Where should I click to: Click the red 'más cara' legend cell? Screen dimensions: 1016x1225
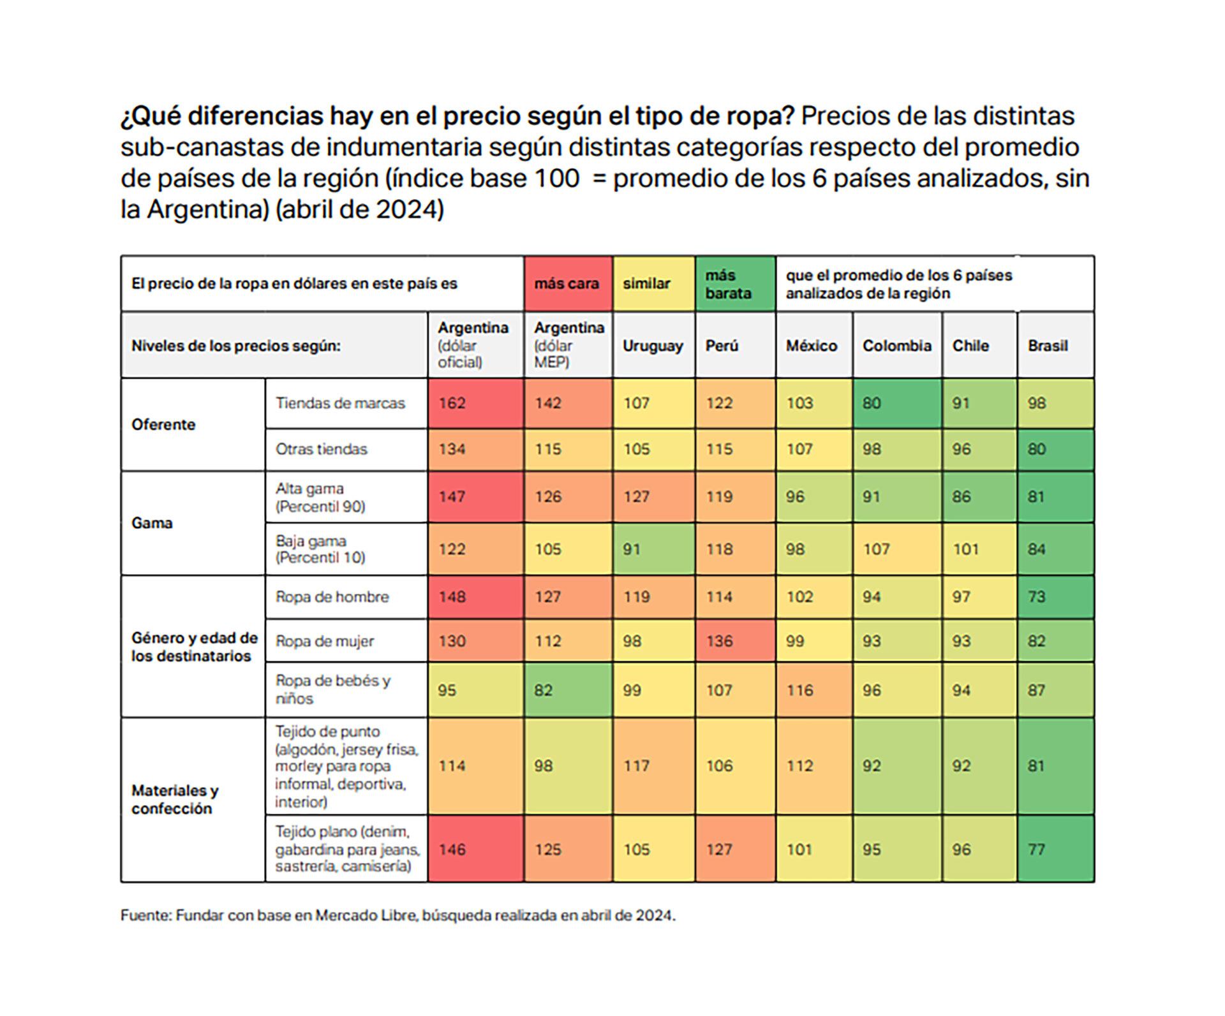tap(567, 284)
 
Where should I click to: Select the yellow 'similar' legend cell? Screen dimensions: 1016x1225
tap(653, 284)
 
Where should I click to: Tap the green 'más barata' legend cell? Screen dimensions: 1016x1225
tap(735, 284)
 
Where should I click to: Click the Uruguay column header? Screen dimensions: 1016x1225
tap(653, 346)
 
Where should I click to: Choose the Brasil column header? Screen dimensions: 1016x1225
tap(1048, 346)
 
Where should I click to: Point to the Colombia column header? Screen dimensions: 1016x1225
tap(896, 346)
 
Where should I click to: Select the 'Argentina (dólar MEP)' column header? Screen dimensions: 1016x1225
tap(568, 345)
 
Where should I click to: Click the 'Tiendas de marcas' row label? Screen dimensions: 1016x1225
tap(340, 403)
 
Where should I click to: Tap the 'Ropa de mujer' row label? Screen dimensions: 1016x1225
tap(325, 641)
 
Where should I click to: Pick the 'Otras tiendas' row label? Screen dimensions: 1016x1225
tap(322, 449)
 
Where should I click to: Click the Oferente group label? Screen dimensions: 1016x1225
tap(163, 425)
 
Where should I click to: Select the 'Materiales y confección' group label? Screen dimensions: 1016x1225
tap(175, 799)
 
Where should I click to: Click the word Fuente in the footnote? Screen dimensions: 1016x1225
tap(145, 916)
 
